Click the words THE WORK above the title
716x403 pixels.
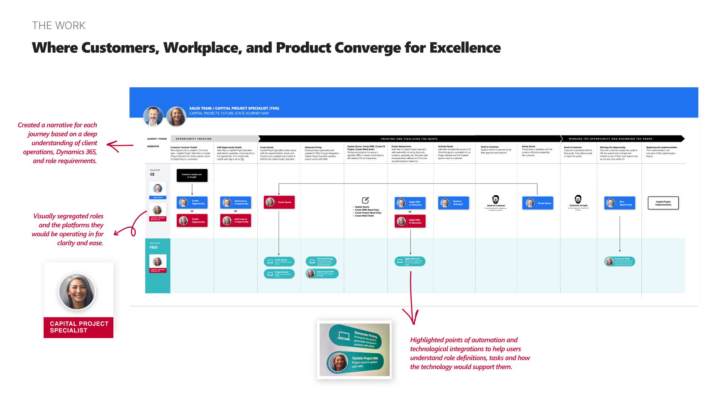(59, 25)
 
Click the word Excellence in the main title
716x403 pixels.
(465, 48)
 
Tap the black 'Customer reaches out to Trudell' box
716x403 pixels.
(192, 175)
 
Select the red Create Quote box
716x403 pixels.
(279, 202)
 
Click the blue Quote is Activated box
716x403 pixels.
(453, 203)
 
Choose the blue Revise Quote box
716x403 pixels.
(538, 203)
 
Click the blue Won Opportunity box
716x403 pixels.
(620, 203)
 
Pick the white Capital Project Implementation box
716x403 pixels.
(663, 203)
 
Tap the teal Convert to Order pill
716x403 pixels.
(620, 261)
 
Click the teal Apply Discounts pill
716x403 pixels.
(410, 261)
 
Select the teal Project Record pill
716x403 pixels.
(279, 274)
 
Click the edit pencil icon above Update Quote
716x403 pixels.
(365, 200)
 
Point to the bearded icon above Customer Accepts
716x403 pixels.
(578, 199)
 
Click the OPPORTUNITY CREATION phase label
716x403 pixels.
(194, 139)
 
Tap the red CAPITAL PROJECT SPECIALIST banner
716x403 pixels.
(79, 327)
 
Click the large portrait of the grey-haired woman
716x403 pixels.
(77, 291)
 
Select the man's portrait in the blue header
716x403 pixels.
(153, 116)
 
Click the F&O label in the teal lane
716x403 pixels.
(154, 247)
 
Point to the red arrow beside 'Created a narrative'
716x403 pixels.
(120, 146)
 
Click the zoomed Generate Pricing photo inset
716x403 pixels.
(354, 350)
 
